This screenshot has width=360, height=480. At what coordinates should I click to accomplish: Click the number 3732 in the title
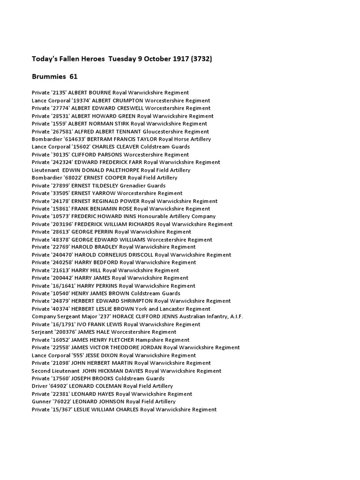pyautogui.click(x=202, y=59)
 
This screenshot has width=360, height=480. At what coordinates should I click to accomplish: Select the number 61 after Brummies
pyautogui.click(x=74, y=76)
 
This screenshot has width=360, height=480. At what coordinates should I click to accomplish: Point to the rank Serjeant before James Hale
pyautogui.click(x=43, y=332)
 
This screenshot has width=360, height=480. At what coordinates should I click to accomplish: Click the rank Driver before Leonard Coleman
pyautogui.click(x=40, y=386)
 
